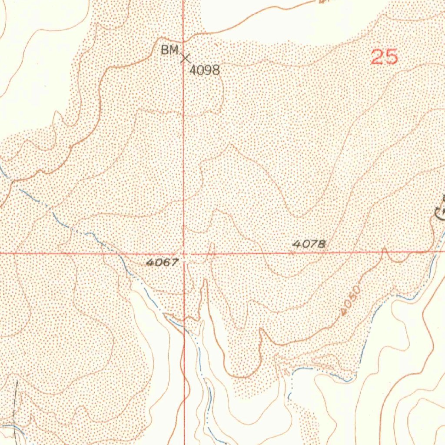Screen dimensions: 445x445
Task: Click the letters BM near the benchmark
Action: (x=170, y=50)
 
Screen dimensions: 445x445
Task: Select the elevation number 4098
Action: (x=205, y=70)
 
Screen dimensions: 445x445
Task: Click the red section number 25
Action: (x=384, y=57)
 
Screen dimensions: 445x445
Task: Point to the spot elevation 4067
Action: (x=162, y=262)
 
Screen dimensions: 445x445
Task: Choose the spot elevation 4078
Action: (x=309, y=244)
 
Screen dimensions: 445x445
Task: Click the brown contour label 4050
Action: (x=351, y=300)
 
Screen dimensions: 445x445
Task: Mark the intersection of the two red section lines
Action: (x=184, y=252)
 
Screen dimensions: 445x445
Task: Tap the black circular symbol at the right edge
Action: (x=440, y=213)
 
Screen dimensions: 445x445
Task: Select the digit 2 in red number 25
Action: (x=377, y=57)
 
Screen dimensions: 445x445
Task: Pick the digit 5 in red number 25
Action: (x=391, y=57)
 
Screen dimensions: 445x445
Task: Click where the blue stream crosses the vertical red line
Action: (x=184, y=329)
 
